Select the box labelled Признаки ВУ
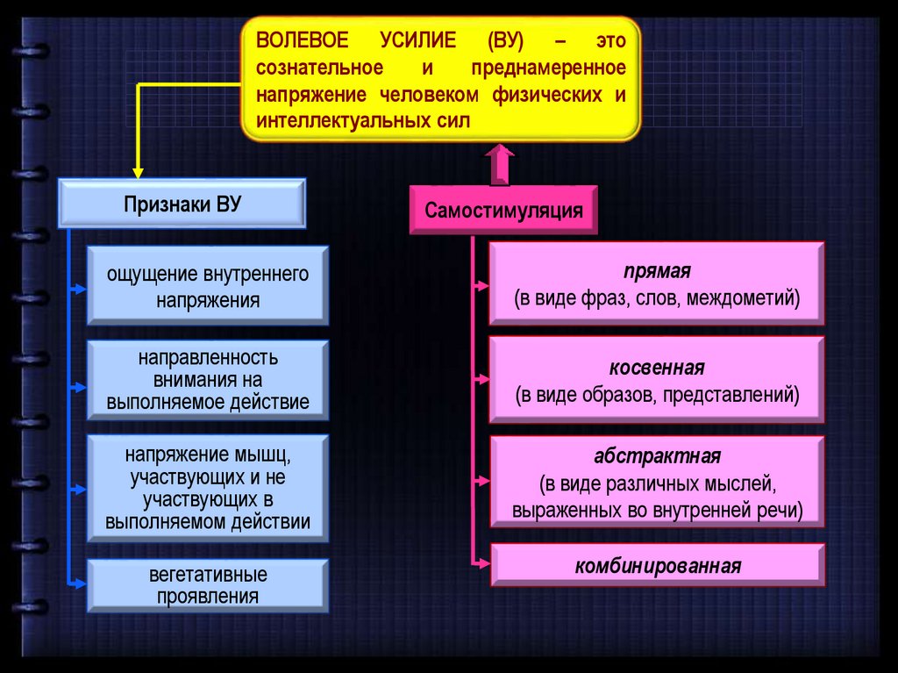[182, 204]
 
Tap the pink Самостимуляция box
[503, 211]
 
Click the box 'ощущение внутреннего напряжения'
[208, 287]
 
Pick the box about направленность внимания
[208, 381]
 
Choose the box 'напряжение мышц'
[208, 488]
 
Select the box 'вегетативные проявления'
[208, 586]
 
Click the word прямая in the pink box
[657, 270]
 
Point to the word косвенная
[657, 367]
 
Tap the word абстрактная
[657, 456]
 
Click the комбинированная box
[657, 565]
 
